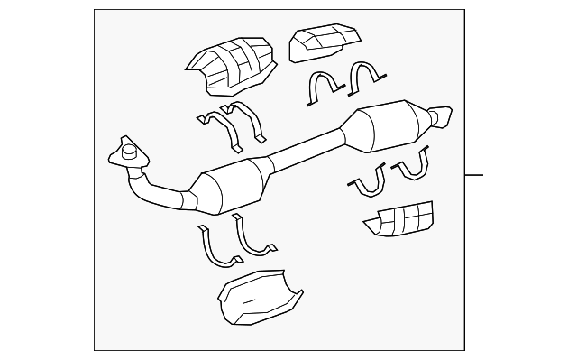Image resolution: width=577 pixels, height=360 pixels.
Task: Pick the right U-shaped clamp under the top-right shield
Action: pos(366,81)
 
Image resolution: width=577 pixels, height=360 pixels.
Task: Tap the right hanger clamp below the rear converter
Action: pos(411,165)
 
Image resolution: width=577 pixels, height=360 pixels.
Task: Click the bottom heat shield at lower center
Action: pos(260,297)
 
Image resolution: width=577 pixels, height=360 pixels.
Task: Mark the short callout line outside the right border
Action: pos(475,174)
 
